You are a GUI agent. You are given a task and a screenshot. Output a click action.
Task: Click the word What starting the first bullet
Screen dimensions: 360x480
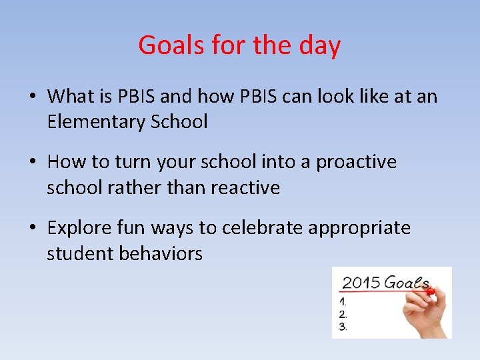point(71,97)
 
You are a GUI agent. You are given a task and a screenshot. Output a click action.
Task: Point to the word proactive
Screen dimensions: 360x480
point(356,162)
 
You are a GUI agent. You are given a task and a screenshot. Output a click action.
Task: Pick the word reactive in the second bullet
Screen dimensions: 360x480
point(245,188)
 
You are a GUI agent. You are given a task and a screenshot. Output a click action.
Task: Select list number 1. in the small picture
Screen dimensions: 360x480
point(343,302)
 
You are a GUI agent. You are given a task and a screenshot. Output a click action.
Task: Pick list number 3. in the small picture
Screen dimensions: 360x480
point(343,326)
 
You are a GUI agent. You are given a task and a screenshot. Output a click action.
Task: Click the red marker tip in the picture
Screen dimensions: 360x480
point(430,291)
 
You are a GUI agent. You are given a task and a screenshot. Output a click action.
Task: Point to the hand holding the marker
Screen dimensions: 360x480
point(427,313)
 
